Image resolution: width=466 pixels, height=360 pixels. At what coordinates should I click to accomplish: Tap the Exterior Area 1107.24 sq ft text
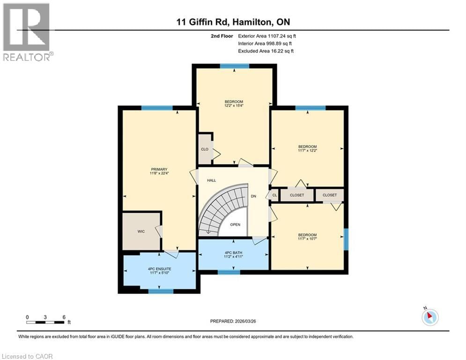point(267,36)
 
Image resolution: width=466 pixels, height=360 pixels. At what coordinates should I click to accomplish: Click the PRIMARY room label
point(159,172)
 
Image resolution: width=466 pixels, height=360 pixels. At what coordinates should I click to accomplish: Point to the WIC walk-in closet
point(141,231)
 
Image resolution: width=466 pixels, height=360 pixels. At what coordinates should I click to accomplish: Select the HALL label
point(211,180)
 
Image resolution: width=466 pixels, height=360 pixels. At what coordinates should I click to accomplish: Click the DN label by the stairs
point(253,196)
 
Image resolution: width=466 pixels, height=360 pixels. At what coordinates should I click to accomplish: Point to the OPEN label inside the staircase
point(235,225)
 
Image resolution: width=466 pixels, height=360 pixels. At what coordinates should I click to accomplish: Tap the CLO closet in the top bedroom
point(205,150)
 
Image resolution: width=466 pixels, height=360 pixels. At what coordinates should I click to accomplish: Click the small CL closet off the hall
point(274,195)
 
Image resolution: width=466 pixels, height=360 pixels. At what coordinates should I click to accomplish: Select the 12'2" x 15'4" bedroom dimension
point(234,105)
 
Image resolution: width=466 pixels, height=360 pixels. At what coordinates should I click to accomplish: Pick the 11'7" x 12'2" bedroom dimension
point(308,150)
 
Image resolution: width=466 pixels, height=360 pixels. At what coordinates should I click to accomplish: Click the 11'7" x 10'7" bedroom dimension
point(308,239)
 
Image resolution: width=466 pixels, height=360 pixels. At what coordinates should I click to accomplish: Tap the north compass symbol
point(429,317)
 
